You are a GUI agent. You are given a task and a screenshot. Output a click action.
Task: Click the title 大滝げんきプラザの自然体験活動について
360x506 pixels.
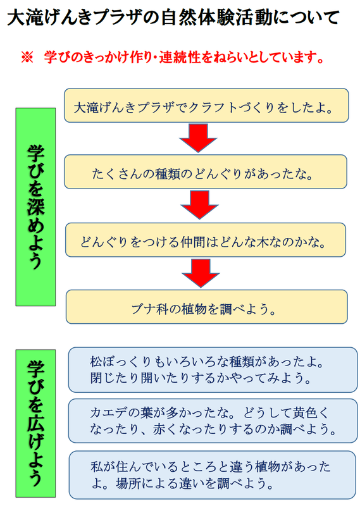pyautogui.click(x=173, y=18)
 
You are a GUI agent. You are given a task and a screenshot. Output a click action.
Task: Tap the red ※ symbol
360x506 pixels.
pyautogui.click(x=27, y=58)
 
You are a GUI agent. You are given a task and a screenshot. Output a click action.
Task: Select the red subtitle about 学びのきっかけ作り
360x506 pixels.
pyautogui.click(x=183, y=58)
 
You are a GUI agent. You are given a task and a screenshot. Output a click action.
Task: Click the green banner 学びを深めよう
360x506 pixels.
pyautogui.click(x=35, y=207)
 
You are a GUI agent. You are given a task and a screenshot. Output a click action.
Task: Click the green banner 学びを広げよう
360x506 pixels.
pyautogui.click(x=35, y=423)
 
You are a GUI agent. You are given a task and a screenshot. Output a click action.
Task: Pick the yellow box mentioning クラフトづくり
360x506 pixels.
pyautogui.click(x=206, y=106)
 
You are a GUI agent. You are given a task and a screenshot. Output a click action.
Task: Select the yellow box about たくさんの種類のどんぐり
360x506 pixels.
pyautogui.click(x=206, y=171)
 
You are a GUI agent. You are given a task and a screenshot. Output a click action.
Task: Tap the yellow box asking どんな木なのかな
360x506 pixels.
pyautogui.click(x=206, y=240)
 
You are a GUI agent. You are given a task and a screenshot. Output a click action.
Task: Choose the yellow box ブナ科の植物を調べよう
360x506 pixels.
pyautogui.click(x=207, y=307)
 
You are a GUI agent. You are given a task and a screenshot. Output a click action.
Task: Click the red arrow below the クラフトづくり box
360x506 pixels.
pyautogui.click(x=198, y=138)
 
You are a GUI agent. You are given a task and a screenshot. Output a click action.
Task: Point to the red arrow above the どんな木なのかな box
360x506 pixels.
pyautogui.click(x=199, y=204)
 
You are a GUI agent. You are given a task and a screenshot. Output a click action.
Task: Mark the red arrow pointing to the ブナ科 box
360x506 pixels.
pyautogui.click(x=201, y=273)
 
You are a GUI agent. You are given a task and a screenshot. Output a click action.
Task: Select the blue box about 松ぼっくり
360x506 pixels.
pyautogui.click(x=213, y=370)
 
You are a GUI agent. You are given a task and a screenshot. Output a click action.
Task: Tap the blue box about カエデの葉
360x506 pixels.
pyautogui.click(x=213, y=421)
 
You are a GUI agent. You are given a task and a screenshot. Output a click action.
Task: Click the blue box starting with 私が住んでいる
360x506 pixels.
pyautogui.click(x=213, y=475)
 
